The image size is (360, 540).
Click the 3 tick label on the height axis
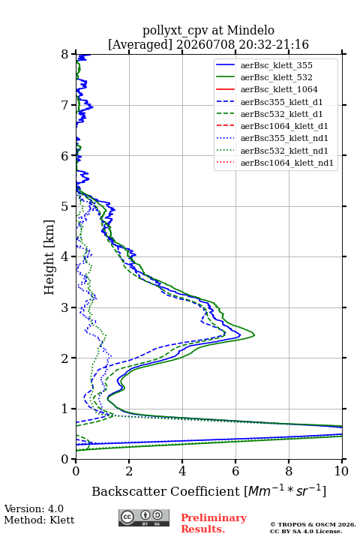click(65, 307)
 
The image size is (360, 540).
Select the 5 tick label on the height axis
click(65, 206)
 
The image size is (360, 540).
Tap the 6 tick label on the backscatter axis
click(235, 471)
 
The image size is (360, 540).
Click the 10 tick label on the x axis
click(341, 471)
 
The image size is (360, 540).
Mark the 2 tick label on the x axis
click(129, 471)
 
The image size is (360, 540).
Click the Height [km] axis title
click(49, 257)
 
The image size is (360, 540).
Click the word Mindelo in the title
click(250, 30)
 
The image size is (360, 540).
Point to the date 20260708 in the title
click(205, 44)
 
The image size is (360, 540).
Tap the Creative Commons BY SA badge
click(144, 517)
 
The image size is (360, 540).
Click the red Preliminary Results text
click(214, 523)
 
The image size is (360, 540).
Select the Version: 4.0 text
click(34, 508)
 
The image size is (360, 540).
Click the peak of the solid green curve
click(254, 334)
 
